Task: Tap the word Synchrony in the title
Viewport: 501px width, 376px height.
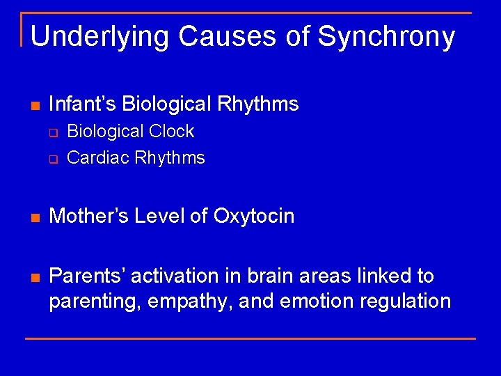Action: (x=387, y=36)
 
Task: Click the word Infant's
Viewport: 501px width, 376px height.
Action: (x=83, y=104)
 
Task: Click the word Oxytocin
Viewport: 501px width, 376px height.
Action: (x=254, y=217)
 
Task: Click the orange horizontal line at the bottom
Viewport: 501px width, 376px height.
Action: (x=250, y=338)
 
